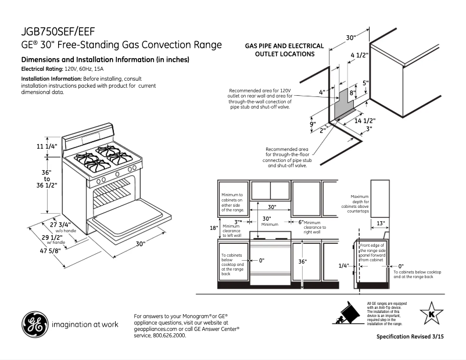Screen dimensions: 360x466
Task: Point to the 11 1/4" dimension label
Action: pos(48,146)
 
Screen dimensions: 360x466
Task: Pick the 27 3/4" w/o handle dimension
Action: pos(60,224)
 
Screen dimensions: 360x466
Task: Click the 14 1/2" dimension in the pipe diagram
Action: pos(365,121)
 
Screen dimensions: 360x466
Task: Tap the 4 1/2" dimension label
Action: pos(360,56)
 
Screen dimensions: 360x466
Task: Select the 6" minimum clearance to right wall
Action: pos(301,222)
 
